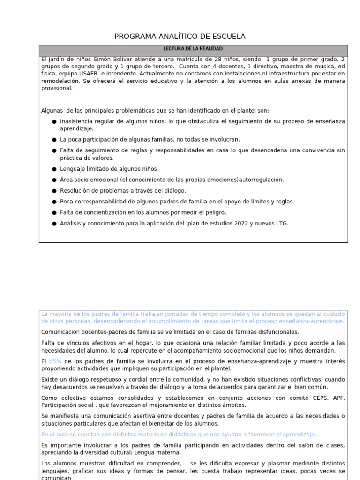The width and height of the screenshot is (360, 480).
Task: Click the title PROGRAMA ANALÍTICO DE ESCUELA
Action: coord(180,37)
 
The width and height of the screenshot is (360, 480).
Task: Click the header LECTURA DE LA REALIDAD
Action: coord(193,49)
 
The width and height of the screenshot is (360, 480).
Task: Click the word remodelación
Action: coord(59,81)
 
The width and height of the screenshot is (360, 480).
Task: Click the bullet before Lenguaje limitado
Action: coord(55,169)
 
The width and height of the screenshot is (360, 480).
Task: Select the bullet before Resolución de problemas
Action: coord(55,191)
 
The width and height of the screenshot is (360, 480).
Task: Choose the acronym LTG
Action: coord(280,223)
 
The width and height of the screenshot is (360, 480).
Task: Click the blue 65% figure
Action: coord(55,361)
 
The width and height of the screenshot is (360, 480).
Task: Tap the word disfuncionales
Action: coord(269,332)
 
